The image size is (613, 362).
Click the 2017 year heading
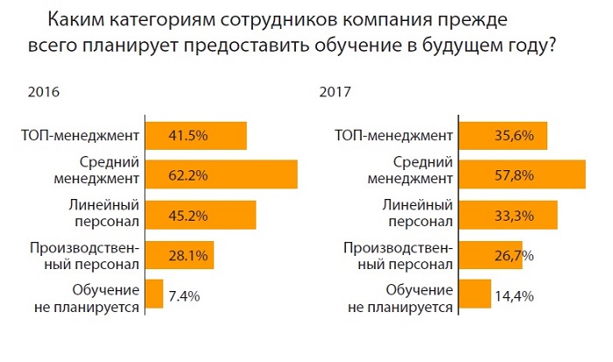(335, 91)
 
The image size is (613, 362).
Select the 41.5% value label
(187, 136)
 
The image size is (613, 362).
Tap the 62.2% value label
(187, 175)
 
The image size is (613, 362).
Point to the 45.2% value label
(187, 215)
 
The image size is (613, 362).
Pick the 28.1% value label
(187, 254)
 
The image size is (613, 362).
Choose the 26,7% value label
(503, 254)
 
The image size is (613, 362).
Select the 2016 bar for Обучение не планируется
(154, 295)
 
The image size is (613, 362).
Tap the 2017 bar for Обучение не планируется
(475, 295)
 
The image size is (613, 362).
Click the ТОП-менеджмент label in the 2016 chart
(81, 136)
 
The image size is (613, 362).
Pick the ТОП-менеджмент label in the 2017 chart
(393, 136)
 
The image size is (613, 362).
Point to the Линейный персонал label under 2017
(415, 215)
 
